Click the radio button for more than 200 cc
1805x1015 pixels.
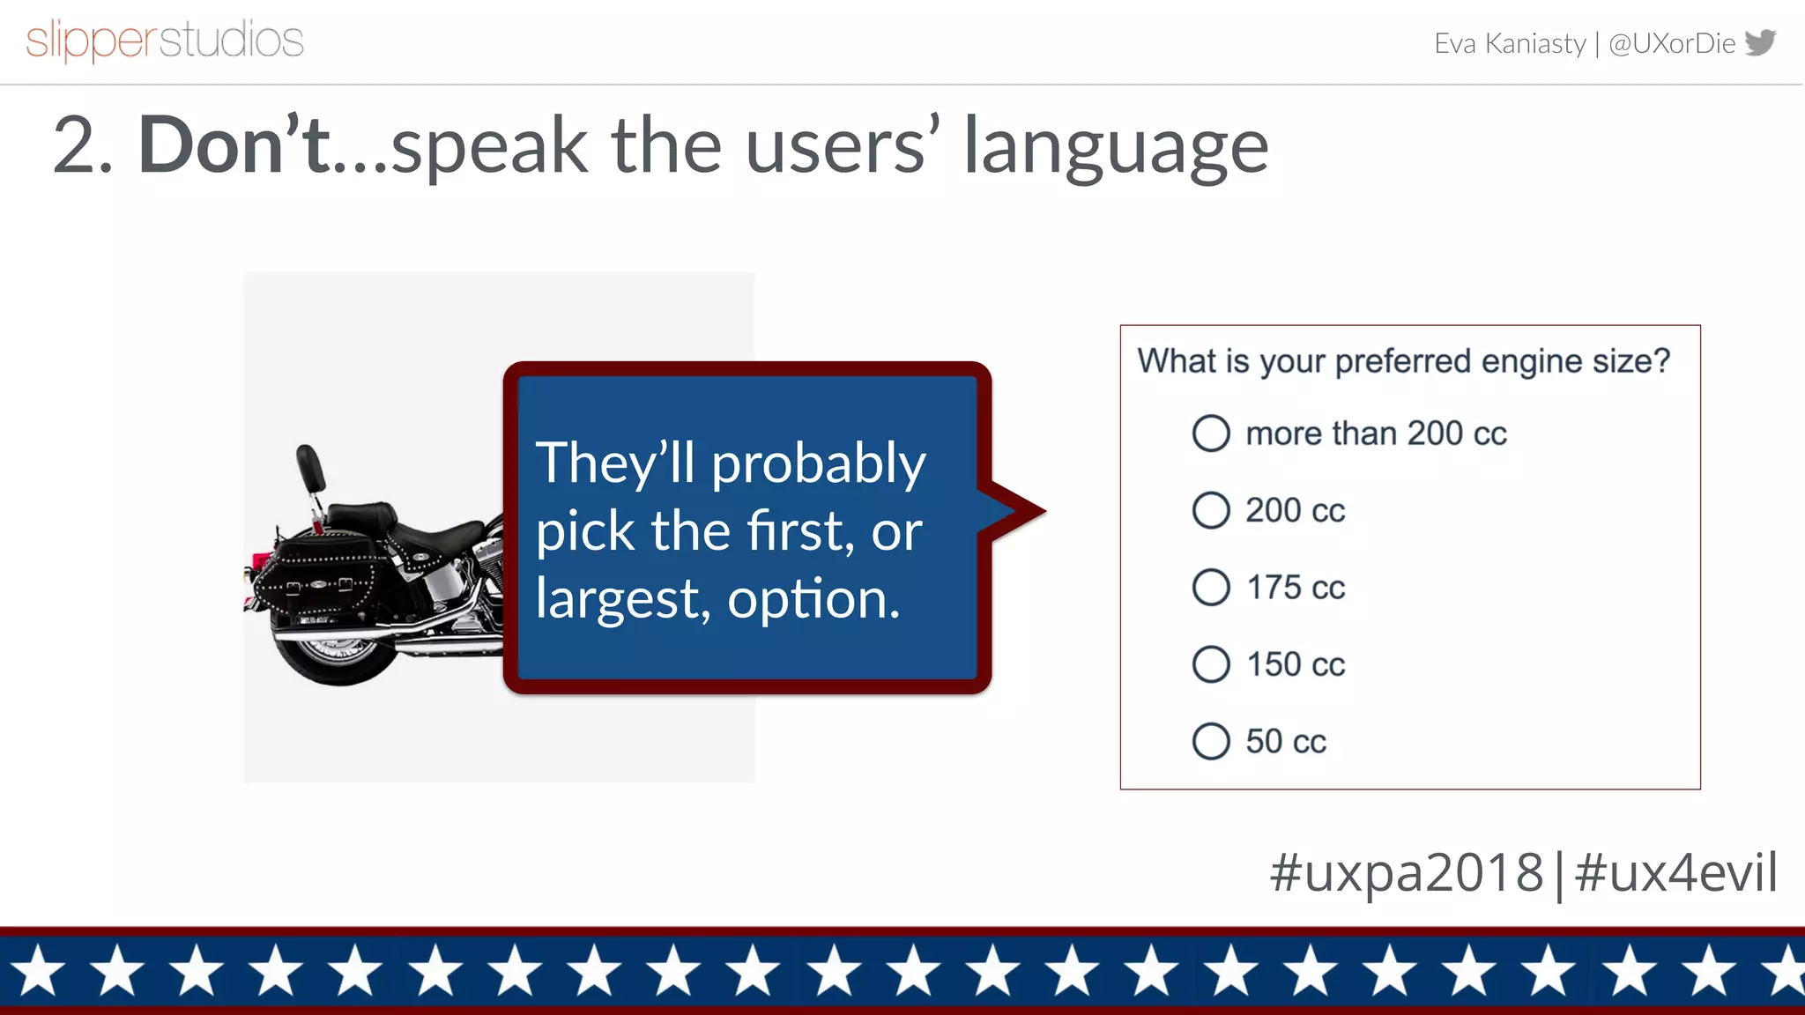1211,433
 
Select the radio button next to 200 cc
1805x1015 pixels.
1211,510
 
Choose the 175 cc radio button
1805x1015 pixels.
1211,587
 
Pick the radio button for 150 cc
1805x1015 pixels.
1211,664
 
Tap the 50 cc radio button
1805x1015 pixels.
1211,741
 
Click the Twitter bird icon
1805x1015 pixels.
1760,41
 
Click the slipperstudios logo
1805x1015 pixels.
165,41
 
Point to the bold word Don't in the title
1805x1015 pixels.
234,145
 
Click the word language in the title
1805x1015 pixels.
1115,148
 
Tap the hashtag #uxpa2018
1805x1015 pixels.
1406,872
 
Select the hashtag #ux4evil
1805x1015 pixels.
1675,872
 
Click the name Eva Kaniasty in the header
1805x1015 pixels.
1509,43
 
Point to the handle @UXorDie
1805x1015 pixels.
1671,43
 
